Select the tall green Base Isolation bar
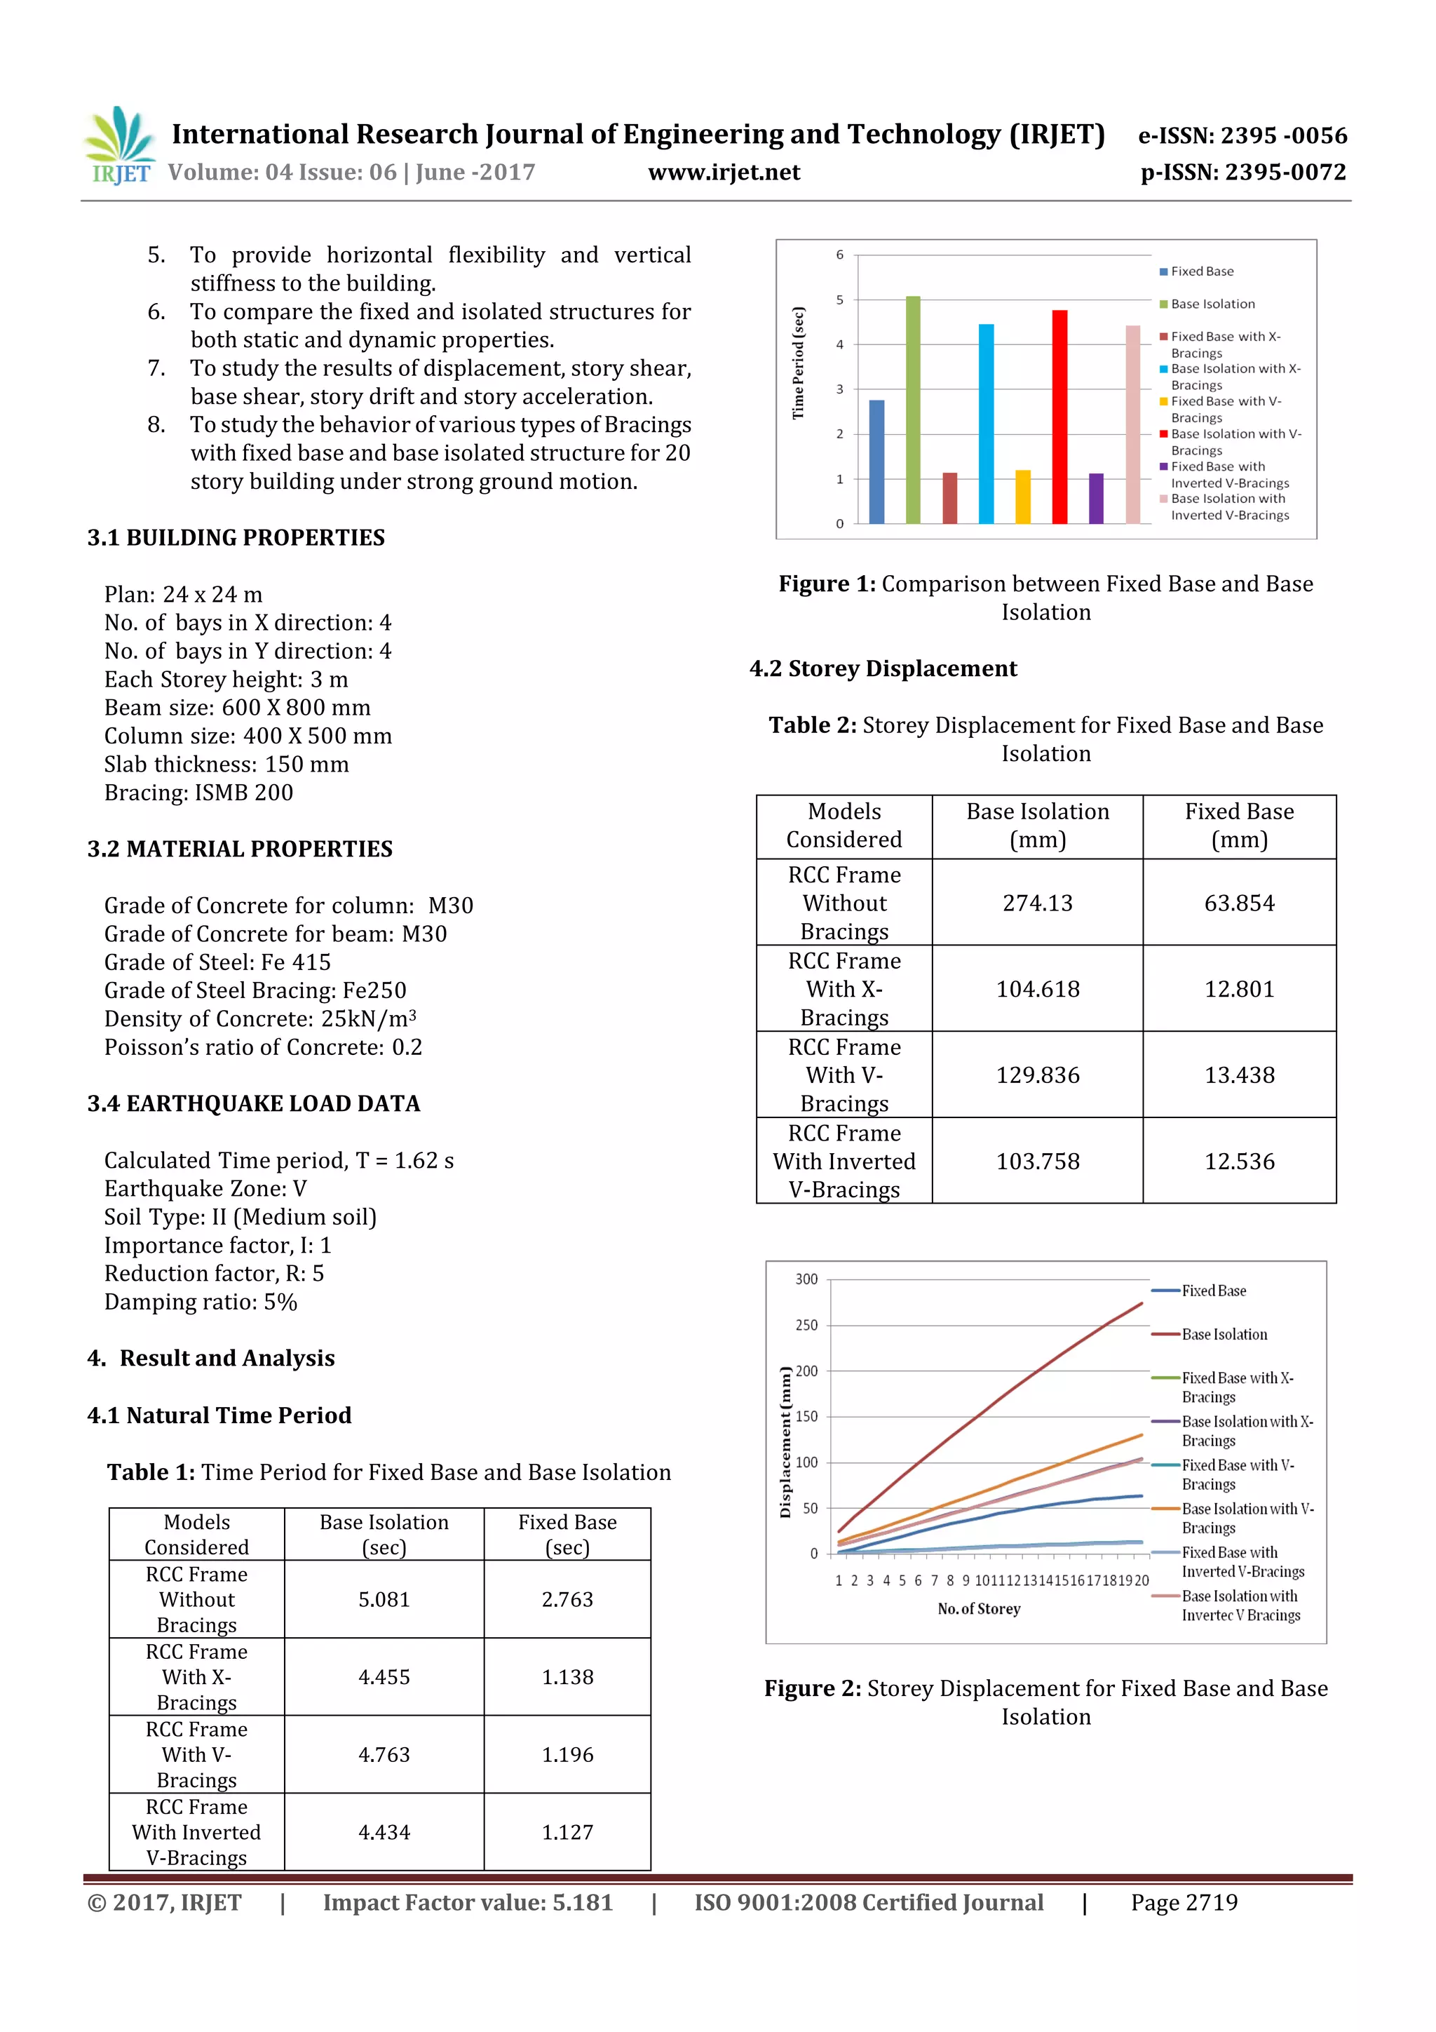[x=912, y=410]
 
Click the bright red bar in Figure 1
[x=1059, y=417]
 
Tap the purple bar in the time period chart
[x=1095, y=498]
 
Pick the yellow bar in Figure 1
[x=1023, y=497]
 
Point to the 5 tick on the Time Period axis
[x=840, y=300]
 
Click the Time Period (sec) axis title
[x=799, y=363]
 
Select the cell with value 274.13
[x=1037, y=903]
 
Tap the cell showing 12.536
[x=1239, y=1161]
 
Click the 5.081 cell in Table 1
[x=384, y=1599]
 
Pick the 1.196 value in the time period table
[x=567, y=1754]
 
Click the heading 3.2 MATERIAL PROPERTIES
[x=240, y=849]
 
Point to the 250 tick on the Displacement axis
[x=806, y=1325]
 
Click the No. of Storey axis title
[x=979, y=1609]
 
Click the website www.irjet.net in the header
[x=724, y=173]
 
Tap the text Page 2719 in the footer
[x=1184, y=1903]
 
